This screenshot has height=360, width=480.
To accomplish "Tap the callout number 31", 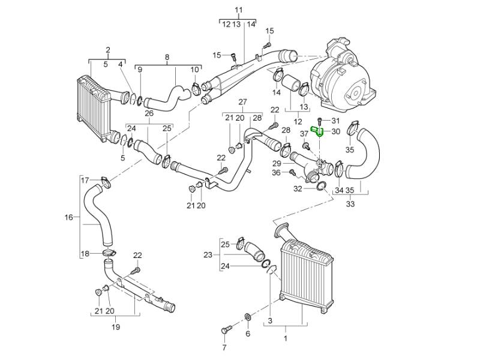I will [x=335, y=122].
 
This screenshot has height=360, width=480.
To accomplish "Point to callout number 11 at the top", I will [x=239, y=10].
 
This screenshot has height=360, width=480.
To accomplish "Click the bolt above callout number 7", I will [x=226, y=329].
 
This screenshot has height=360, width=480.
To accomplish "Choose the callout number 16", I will [x=68, y=217].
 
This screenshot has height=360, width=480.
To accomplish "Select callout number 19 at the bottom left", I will [x=116, y=327].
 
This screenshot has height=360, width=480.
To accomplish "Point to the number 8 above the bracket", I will [x=167, y=57].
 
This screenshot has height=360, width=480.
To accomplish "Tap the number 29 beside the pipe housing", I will [x=277, y=164].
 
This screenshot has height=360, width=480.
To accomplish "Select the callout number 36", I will [x=276, y=173].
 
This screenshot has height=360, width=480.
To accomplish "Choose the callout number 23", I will [x=208, y=255].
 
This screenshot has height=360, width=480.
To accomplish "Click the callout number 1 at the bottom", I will [x=285, y=338].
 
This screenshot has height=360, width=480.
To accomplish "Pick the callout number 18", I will [x=85, y=254].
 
